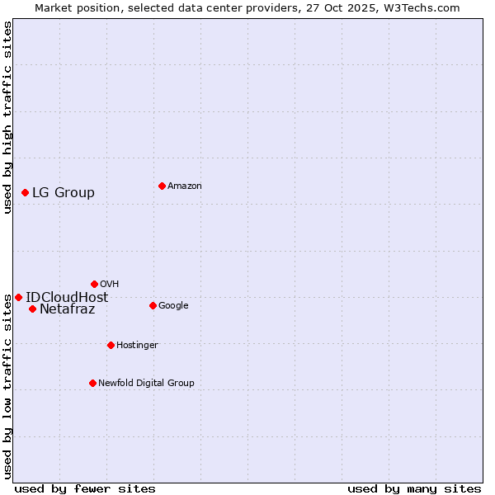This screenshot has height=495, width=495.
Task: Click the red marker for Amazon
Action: point(162,186)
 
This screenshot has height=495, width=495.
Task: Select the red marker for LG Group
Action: point(25,192)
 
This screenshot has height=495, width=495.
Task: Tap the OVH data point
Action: point(94,284)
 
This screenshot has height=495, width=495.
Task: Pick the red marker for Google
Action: point(153,305)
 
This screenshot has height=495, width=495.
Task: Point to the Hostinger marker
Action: point(111,345)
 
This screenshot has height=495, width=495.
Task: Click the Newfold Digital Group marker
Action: point(92,383)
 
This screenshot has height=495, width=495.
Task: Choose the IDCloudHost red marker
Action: point(18,297)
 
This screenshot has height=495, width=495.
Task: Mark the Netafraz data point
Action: point(32,309)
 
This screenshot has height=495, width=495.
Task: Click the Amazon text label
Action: point(184,186)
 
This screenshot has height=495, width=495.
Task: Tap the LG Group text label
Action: point(64,193)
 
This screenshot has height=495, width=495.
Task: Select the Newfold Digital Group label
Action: point(146,383)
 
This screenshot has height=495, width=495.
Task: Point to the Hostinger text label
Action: point(137,345)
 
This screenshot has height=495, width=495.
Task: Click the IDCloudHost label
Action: point(67,298)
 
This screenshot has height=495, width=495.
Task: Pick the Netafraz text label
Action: point(67,309)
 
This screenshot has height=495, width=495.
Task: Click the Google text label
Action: point(173,305)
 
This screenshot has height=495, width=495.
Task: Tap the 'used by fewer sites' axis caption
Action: point(85,488)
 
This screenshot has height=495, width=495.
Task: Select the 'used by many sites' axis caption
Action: point(414,488)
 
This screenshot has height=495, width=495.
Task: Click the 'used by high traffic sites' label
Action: point(8,117)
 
